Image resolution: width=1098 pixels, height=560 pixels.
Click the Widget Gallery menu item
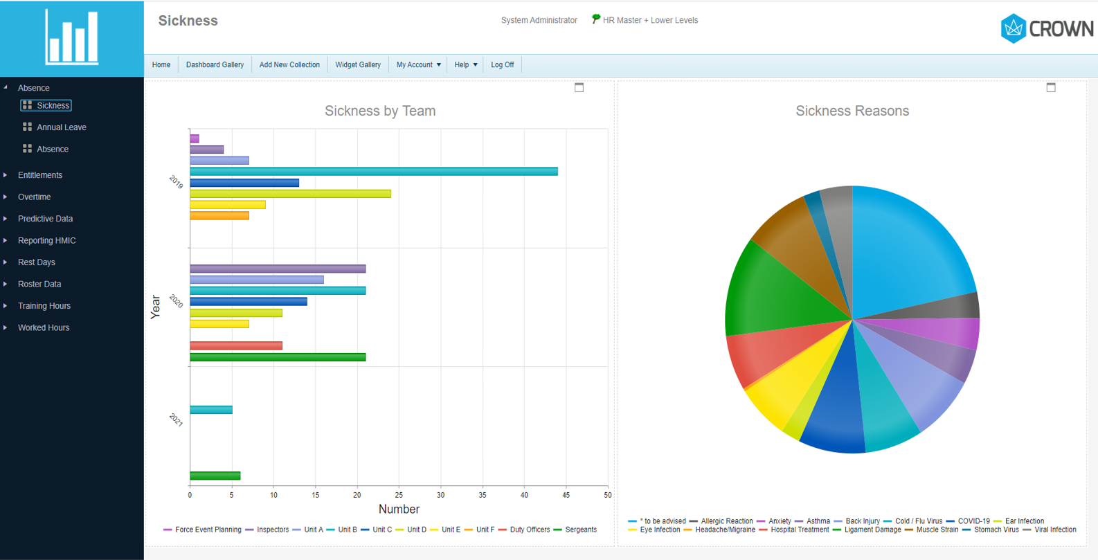tap(357, 65)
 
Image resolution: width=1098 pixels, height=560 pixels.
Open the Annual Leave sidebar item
tap(61, 127)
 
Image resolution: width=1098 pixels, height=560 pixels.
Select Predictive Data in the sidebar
tap(45, 219)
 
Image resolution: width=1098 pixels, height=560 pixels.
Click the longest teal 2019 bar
tap(374, 172)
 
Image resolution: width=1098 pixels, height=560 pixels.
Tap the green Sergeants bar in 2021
tap(215, 476)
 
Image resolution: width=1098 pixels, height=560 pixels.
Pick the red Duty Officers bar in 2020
tap(235, 345)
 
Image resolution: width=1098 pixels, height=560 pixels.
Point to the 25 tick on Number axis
tap(399, 495)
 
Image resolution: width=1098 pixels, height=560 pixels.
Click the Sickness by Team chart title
tap(380, 111)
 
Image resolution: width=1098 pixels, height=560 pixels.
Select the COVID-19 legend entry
tap(973, 521)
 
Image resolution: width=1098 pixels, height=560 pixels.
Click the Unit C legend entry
tap(381, 530)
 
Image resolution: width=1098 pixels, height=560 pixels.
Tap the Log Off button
tap(502, 65)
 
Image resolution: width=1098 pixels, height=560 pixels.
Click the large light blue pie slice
tap(907, 249)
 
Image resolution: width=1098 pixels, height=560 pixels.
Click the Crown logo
tap(1047, 28)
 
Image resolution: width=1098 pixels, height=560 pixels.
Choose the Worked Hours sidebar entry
tap(44, 327)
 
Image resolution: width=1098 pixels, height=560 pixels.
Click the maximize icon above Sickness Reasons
tap(1050, 87)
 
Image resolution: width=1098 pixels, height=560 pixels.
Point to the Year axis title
tap(155, 307)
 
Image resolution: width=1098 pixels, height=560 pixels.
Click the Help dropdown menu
tap(465, 65)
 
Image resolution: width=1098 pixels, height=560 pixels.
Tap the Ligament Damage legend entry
tap(872, 530)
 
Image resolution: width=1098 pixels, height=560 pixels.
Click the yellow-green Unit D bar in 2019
tap(290, 194)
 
